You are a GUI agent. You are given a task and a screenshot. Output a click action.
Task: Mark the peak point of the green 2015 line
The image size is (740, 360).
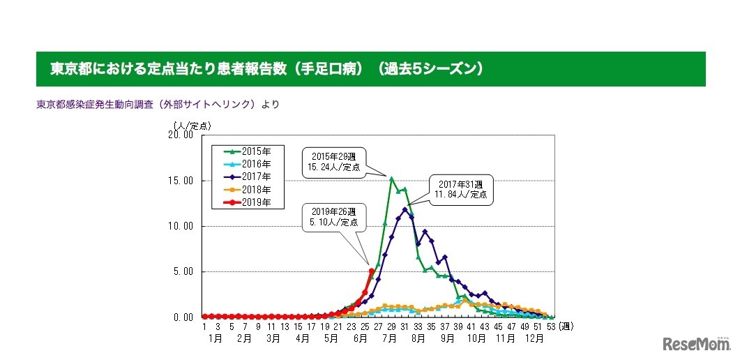391,179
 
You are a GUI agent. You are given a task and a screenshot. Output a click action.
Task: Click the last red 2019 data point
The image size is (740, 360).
371,271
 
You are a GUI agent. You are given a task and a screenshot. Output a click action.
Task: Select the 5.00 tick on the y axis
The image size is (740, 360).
182,271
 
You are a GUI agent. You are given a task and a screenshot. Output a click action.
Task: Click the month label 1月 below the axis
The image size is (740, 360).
215,338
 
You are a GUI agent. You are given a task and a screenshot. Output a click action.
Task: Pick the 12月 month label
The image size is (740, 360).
535,338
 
